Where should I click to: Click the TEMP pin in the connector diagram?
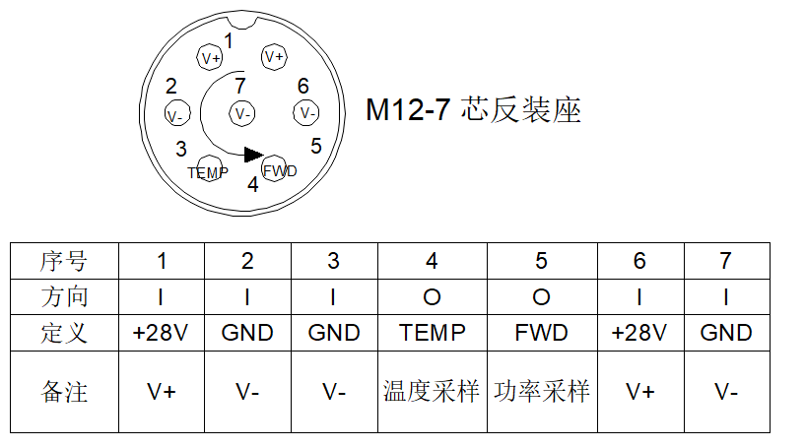pos(210,168)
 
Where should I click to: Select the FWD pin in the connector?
pos(274,168)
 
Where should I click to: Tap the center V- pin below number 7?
pos(241,113)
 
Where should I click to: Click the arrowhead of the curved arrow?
pos(254,155)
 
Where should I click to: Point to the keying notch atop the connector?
pos(241,22)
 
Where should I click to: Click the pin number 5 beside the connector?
pos(315,147)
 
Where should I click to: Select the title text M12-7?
pos(408,110)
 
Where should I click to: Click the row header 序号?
pos(64,261)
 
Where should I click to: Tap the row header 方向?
pos(64,297)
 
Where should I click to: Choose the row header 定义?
pos(64,333)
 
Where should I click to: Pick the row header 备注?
pos(64,392)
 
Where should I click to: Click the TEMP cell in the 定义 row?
pos(433,333)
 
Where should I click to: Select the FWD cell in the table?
pos(542,333)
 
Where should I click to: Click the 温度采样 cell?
pos(432,391)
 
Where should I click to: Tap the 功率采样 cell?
pos(542,391)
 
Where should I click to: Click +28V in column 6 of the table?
pos(639,333)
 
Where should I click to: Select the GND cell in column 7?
pos(726,333)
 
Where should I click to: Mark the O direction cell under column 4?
pos(433,297)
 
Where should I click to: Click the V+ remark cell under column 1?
pos(162,392)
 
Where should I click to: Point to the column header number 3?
pos(334,261)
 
